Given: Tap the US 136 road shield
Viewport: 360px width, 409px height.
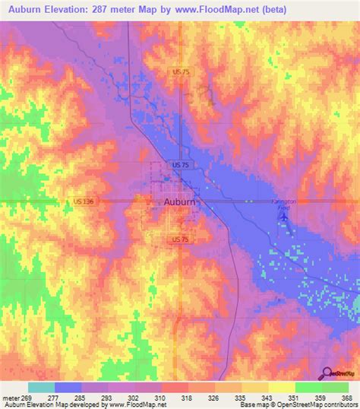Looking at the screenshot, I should pyautogui.click(x=84, y=201).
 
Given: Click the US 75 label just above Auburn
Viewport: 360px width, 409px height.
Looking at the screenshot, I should pyautogui.click(x=180, y=164).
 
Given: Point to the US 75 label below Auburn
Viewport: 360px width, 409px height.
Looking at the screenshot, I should pyautogui.click(x=179, y=239).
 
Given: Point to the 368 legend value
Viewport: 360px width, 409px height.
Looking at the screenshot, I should pyautogui.click(x=348, y=397).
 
